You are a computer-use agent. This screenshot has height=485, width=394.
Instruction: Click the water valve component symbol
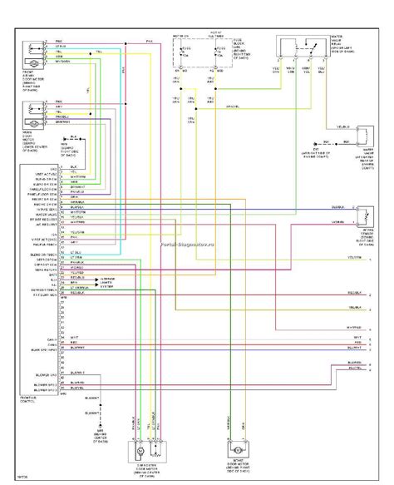[x=362, y=136]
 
